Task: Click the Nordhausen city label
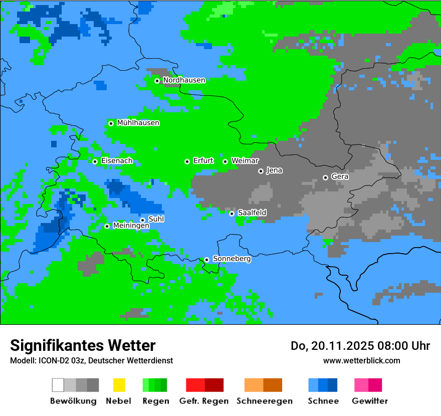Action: click(184, 80)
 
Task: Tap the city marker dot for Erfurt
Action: click(187, 161)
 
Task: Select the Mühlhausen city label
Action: click(138, 123)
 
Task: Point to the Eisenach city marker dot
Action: click(95, 161)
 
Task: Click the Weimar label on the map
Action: click(245, 161)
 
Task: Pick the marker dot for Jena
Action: click(261, 171)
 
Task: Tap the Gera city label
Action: click(340, 176)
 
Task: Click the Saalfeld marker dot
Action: click(232, 214)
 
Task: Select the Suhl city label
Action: click(156, 219)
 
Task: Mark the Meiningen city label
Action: click(131, 226)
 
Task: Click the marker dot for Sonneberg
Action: click(206, 260)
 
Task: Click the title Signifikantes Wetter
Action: click(83, 345)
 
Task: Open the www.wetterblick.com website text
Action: click(361, 360)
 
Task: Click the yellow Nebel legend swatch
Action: click(119, 385)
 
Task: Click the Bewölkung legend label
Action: click(73, 401)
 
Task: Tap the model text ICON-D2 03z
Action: click(62, 360)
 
